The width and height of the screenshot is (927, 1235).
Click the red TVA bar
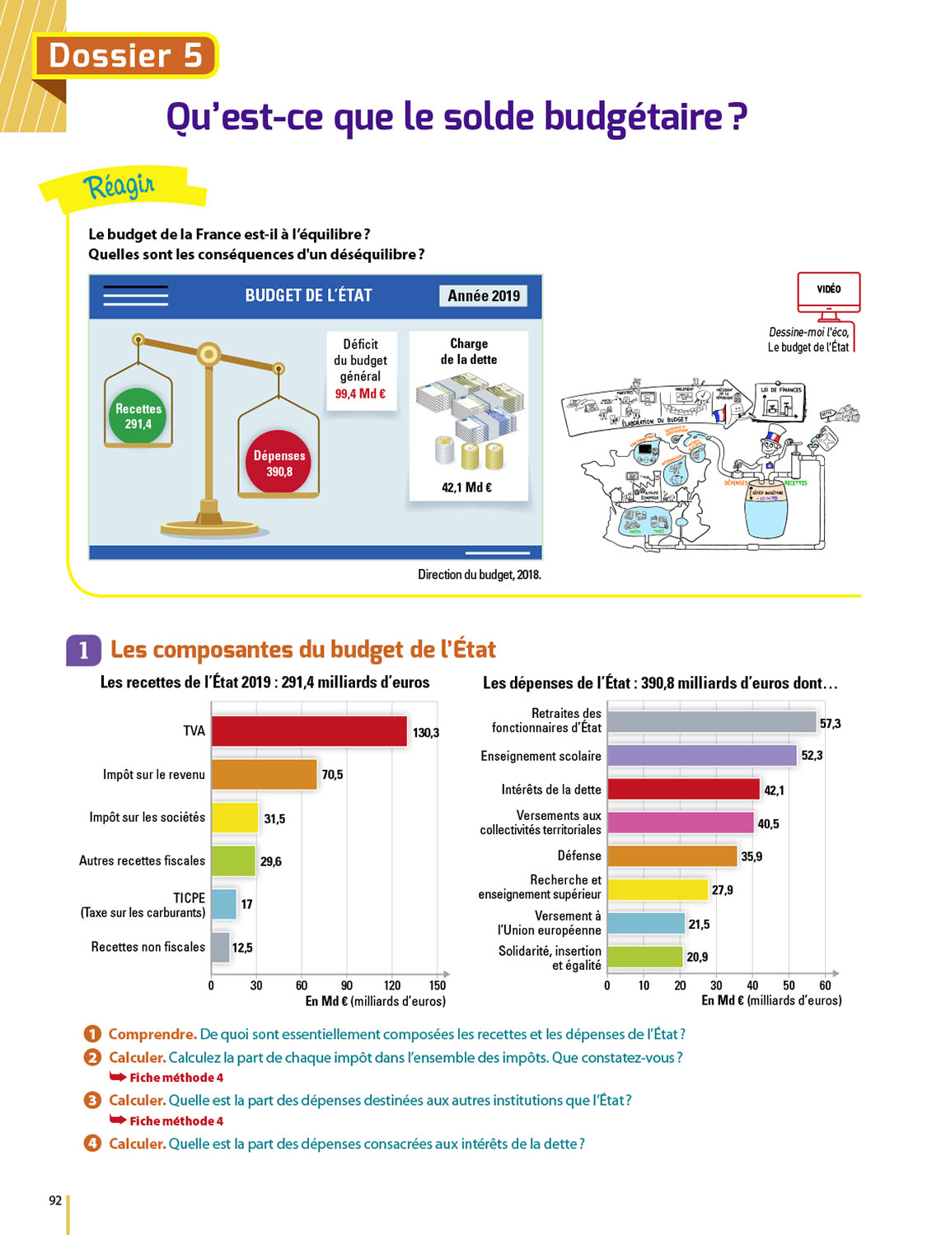309,731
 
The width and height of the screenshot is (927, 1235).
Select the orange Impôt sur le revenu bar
264,775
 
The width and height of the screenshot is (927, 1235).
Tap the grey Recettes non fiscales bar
220,948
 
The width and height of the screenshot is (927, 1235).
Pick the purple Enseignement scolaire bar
702,756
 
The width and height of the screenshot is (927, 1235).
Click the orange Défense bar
672,856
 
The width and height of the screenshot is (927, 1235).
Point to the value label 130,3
426,733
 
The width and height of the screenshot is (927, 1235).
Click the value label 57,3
830,723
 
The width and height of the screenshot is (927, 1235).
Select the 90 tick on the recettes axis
347,986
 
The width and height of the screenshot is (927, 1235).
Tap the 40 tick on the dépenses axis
752,986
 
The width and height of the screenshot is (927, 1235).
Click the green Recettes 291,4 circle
138,417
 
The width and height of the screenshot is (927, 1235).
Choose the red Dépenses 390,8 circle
279,463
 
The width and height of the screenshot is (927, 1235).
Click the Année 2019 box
484,296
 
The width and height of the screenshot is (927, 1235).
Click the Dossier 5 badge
125,56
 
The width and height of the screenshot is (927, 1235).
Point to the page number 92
55,1200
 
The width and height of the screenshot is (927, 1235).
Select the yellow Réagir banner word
119,186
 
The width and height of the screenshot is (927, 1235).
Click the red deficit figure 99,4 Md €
360,394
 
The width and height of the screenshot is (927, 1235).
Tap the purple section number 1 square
83,650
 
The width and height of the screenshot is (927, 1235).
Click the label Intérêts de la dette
551,790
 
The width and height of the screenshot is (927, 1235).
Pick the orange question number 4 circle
92,1144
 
